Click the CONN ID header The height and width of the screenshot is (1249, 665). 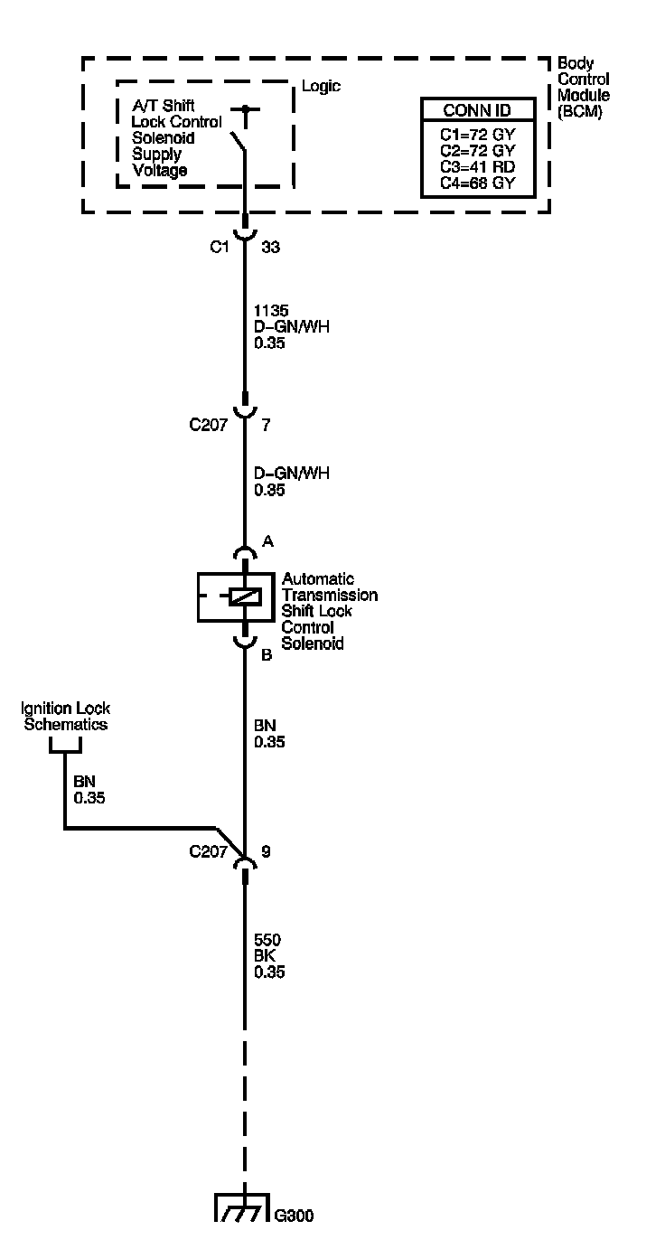[x=477, y=111]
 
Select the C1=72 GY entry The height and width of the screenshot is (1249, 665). [x=477, y=135]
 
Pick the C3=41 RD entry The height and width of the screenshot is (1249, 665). [x=477, y=167]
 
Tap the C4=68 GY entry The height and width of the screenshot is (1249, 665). [x=477, y=183]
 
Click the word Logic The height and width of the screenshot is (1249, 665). [x=321, y=87]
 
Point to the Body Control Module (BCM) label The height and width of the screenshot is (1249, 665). [x=583, y=88]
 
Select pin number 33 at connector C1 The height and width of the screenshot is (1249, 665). [x=270, y=246]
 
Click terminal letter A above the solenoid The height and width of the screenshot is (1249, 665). [x=267, y=540]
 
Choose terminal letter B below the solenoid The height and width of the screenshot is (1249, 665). [x=267, y=655]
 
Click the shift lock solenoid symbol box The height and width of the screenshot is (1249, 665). [x=236, y=597]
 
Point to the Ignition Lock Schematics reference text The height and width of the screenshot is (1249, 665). [x=66, y=717]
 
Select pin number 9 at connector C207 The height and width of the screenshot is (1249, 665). [x=265, y=850]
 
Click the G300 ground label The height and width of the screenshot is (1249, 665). [x=295, y=1216]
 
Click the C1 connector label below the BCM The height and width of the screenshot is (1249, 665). [x=218, y=246]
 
